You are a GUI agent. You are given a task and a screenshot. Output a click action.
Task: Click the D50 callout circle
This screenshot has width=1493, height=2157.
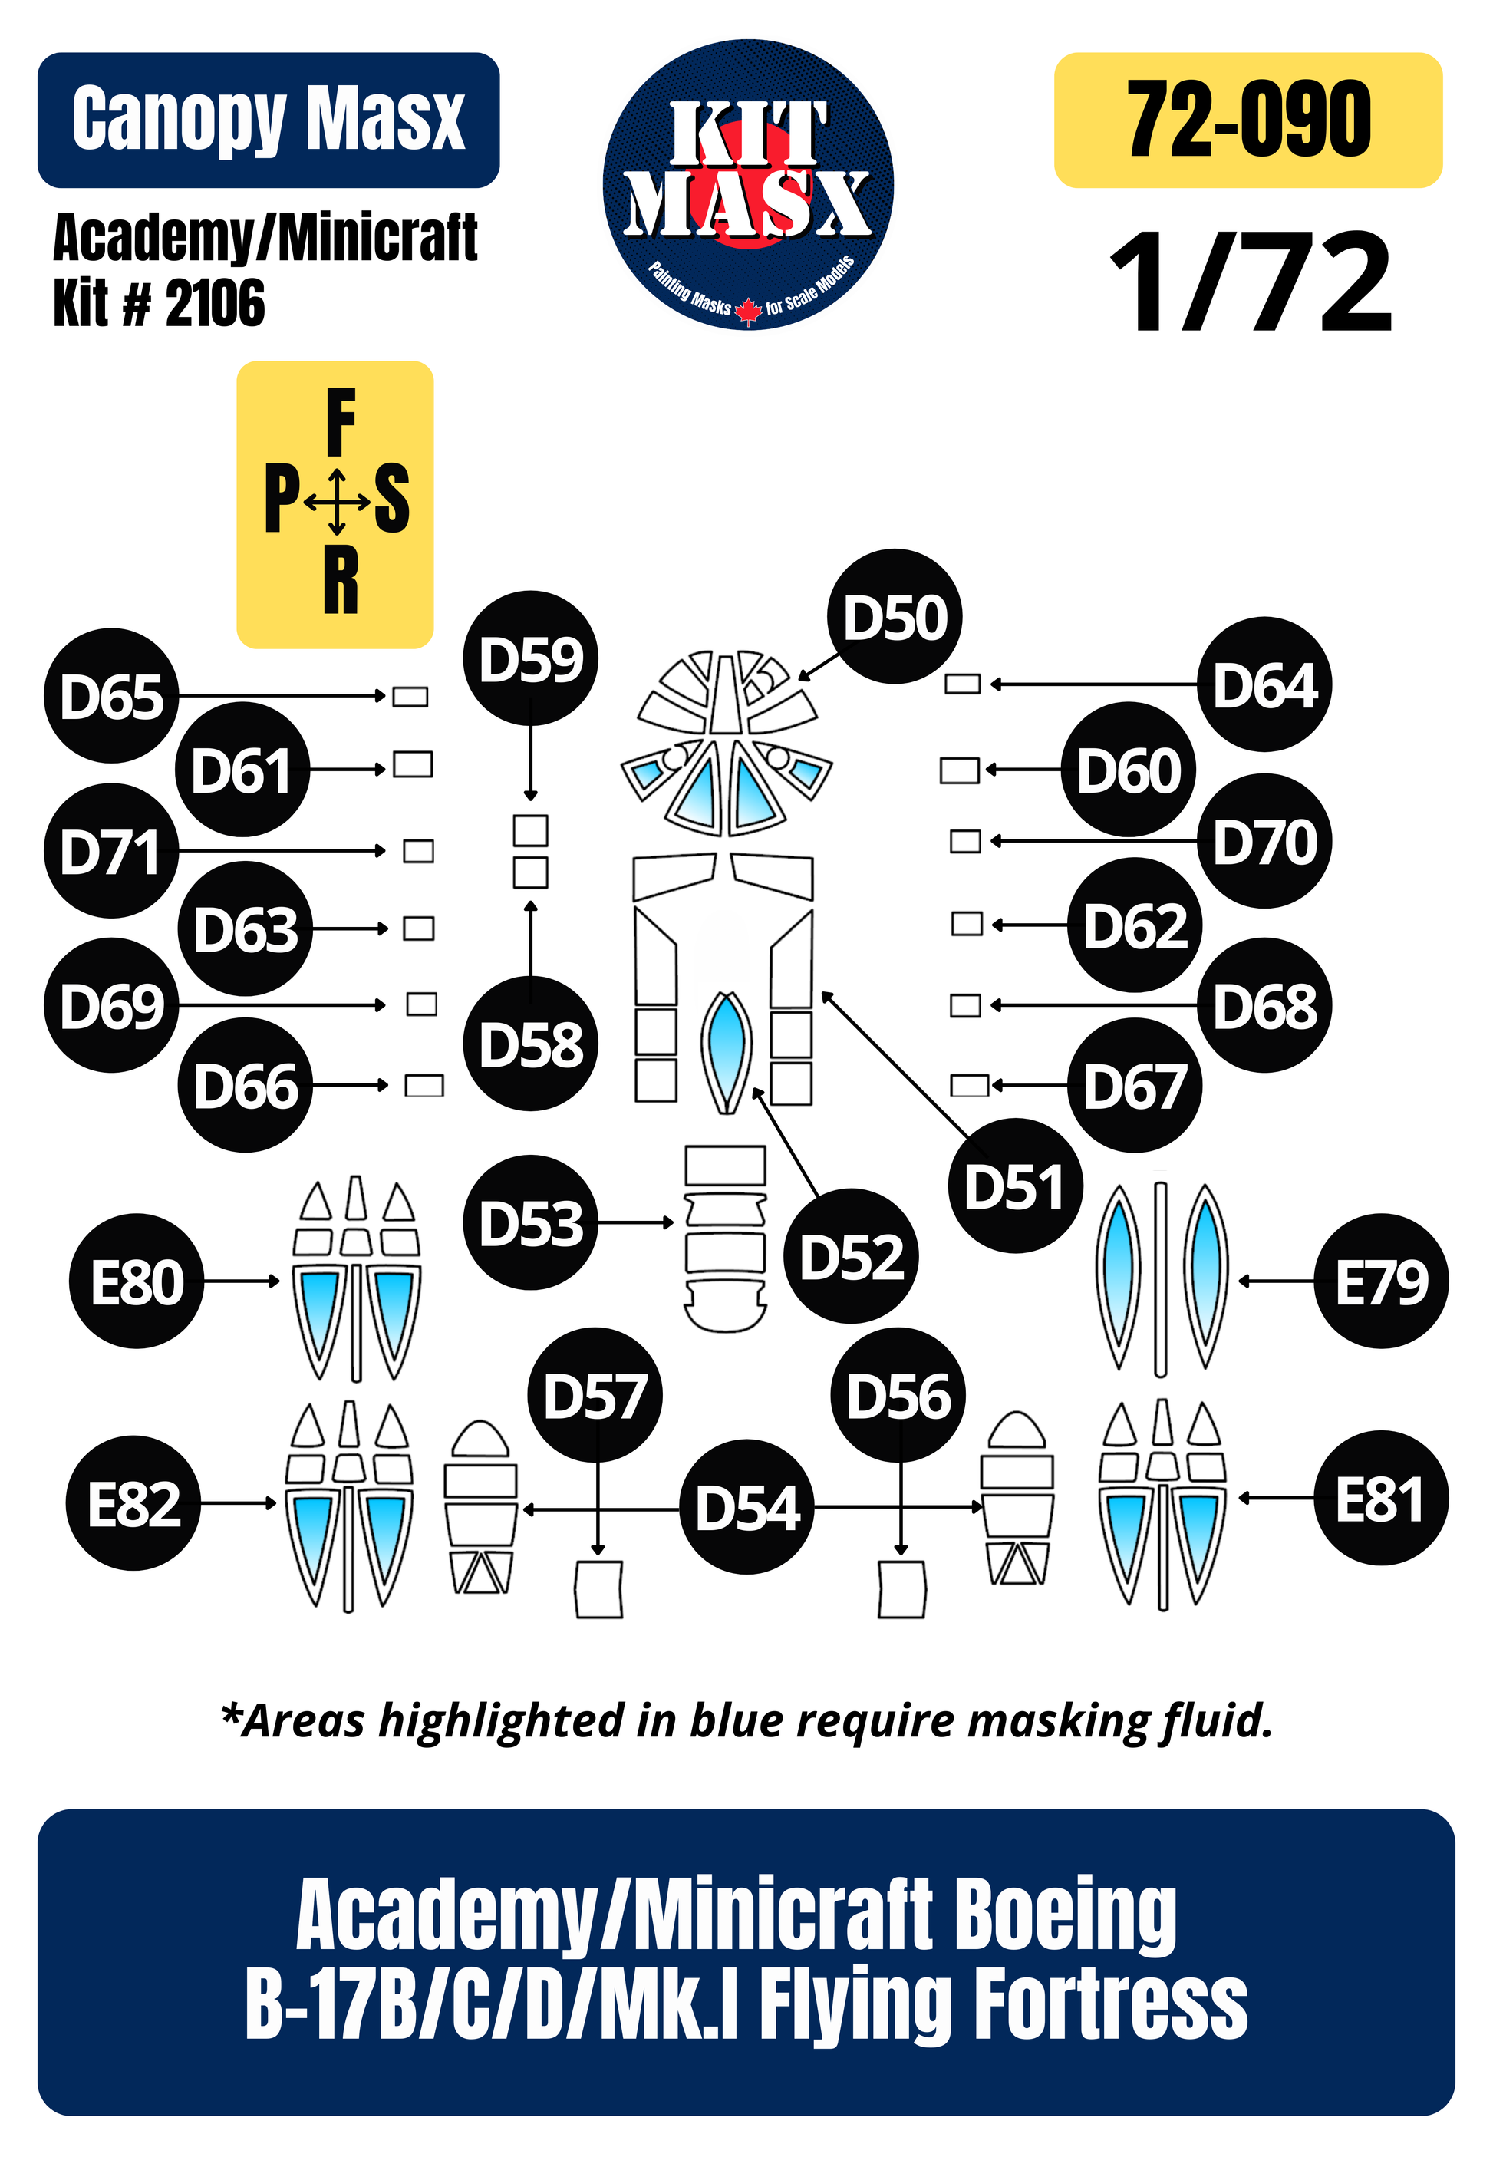[895, 616]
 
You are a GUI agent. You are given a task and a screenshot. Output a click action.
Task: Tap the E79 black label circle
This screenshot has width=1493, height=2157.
[1382, 1281]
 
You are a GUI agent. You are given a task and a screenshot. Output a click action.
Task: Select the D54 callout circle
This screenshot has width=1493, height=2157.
[747, 1507]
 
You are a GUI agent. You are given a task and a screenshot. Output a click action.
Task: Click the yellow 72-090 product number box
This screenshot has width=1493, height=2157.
[1248, 120]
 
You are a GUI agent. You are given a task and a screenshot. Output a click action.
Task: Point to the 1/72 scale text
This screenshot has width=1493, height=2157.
[1251, 282]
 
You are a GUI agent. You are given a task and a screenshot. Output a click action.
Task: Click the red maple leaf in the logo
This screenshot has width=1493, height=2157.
[747, 309]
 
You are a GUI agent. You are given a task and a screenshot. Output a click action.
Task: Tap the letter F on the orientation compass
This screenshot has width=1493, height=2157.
[341, 422]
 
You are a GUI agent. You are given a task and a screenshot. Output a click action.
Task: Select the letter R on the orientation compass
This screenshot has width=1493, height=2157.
[341, 581]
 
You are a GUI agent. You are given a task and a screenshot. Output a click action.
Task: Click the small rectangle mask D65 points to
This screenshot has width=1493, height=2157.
[410, 696]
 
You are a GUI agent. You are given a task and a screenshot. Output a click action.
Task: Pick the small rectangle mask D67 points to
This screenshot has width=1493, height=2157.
[969, 1085]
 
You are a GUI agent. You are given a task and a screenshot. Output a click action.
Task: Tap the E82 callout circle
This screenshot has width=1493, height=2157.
[133, 1502]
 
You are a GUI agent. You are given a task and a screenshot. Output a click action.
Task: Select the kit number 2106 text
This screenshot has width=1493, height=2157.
[215, 302]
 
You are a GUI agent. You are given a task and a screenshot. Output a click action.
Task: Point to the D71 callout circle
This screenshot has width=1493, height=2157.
[111, 850]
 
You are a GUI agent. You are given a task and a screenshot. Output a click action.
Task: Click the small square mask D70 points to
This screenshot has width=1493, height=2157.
[965, 841]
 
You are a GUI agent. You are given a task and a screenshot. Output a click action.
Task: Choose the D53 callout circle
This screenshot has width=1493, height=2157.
[530, 1222]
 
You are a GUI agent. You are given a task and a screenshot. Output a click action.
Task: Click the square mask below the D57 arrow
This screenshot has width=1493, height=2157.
[598, 1588]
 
